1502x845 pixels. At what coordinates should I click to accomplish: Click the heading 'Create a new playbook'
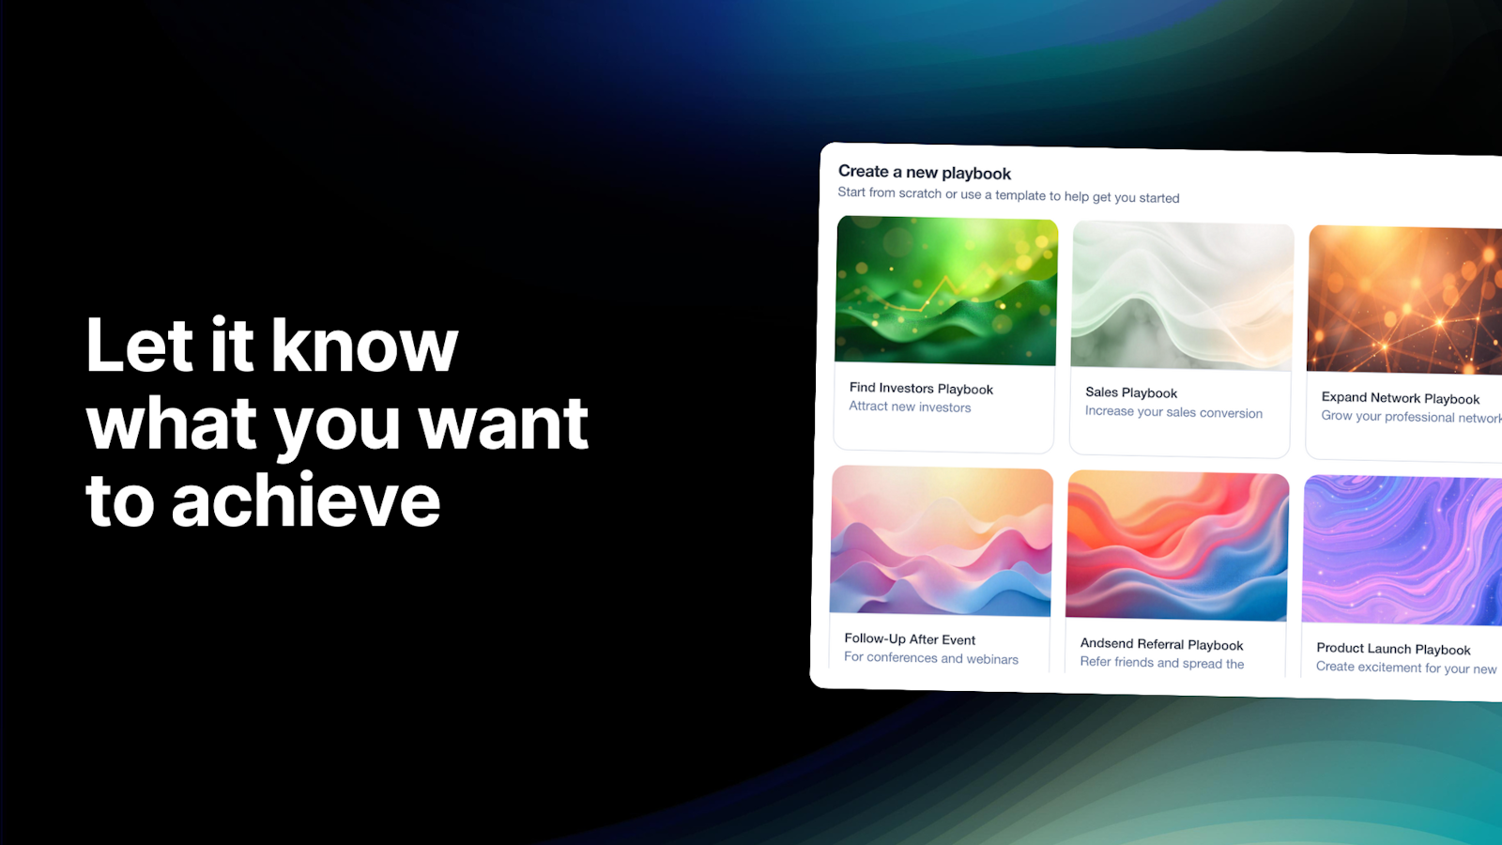click(924, 173)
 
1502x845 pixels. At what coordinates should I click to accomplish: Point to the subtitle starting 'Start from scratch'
click(1008, 195)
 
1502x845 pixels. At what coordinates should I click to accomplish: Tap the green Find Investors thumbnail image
click(946, 290)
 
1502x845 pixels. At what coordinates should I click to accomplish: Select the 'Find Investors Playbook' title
click(921, 389)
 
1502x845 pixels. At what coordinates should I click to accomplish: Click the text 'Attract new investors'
click(910, 407)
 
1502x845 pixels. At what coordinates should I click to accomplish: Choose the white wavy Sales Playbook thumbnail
click(1182, 296)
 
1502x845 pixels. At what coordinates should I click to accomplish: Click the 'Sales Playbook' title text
click(1131, 392)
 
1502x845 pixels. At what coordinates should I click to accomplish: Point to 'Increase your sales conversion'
click(1173, 412)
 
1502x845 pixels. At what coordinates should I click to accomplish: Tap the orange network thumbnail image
click(1404, 300)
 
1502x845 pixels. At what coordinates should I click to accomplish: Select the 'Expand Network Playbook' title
click(1400, 398)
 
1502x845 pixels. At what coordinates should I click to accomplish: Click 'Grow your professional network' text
click(1412, 417)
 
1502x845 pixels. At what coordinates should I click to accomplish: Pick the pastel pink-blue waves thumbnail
click(941, 541)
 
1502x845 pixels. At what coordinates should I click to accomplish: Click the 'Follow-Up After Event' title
click(910, 639)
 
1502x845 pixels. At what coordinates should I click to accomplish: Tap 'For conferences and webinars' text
click(930, 658)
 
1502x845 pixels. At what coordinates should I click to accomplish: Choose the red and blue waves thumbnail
click(1177, 545)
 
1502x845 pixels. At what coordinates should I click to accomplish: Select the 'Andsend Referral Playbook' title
click(1161, 644)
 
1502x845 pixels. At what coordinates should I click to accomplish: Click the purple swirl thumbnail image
click(1402, 550)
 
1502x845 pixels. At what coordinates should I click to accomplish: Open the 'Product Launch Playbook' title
click(1393, 649)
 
